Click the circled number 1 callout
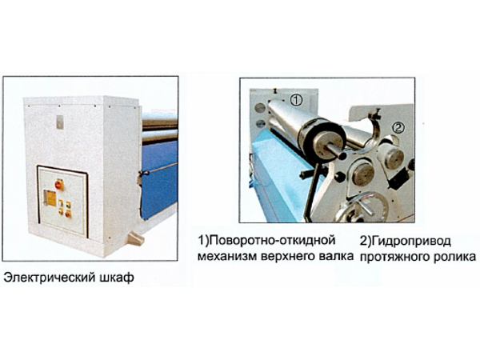tap(296, 100)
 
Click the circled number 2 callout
tap(398, 128)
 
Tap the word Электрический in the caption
tap(50, 278)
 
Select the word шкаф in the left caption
tap(118, 278)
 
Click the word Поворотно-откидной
tap(267, 240)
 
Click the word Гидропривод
tap(406, 241)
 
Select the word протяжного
tap(395, 257)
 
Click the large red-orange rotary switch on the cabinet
tap(58, 185)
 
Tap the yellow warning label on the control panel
tap(50, 198)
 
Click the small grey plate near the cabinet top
tap(60, 122)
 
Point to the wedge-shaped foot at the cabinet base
tap(136, 238)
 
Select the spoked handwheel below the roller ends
tap(361, 207)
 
